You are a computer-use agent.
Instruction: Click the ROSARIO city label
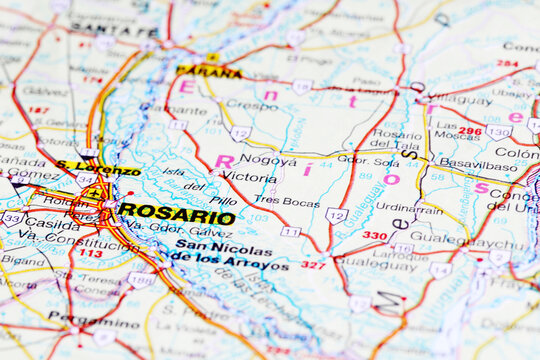point(176,213)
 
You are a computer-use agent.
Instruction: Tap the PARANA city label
point(208,71)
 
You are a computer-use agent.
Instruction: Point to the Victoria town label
point(249,176)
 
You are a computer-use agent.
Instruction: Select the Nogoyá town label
point(268,159)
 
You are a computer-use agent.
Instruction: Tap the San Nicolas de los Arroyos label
point(229,255)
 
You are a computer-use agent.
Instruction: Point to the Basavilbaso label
point(479,162)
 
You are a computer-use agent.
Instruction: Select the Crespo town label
point(252,104)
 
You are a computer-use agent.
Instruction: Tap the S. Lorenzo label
point(97,168)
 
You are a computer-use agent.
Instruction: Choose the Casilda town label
point(51,224)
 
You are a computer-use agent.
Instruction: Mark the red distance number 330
point(375,236)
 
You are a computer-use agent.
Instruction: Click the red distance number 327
point(313,265)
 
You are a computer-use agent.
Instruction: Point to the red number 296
point(469,130)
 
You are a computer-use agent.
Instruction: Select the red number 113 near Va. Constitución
point(91,253)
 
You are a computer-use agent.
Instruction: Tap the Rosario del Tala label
point(397,140)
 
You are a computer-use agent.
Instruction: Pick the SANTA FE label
point(101,29)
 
